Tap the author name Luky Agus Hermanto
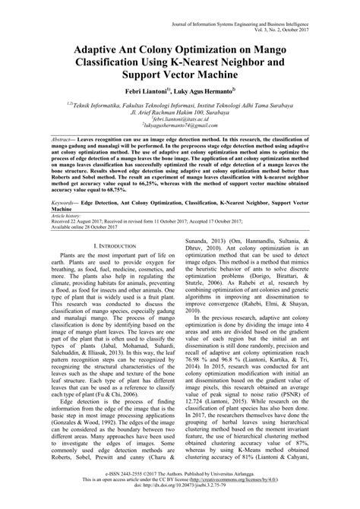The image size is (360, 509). pos(212,89)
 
